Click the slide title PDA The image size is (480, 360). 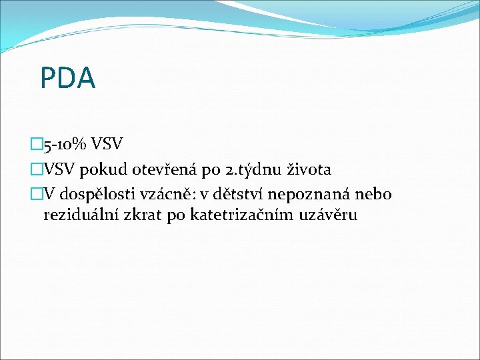coord(67,78)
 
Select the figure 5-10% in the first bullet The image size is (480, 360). coord(67,143)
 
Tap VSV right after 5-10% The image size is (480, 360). coord(107,143)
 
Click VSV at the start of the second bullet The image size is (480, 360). coord(60,169)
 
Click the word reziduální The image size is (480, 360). coord(79,215)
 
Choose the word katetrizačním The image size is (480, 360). coord(243,215)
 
